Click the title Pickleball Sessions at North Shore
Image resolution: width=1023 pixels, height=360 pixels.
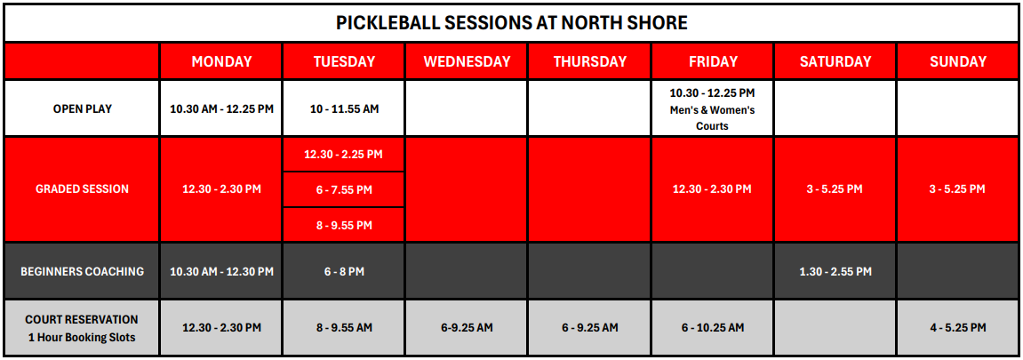512,23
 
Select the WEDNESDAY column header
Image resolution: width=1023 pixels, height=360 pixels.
467,61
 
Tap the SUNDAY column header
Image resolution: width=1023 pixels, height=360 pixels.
958,61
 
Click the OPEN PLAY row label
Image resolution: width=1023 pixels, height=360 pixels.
82,109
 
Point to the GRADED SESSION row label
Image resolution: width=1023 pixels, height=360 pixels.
82,189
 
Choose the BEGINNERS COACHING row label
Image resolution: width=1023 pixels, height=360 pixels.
82,271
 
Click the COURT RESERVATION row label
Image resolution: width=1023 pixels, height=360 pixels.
82,320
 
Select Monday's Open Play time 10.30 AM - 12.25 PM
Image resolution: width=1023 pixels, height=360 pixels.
221,109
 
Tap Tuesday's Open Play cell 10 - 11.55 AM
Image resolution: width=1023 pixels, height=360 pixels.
344,109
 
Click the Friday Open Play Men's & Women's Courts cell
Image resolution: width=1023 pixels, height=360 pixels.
713,109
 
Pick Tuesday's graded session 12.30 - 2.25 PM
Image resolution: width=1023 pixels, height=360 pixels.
344,155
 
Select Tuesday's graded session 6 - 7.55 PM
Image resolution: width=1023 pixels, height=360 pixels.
344,190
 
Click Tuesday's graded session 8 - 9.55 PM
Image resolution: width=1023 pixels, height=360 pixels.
344,225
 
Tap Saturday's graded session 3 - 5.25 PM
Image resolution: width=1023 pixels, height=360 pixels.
835,189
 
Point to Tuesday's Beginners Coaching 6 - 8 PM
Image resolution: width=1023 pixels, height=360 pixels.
344,271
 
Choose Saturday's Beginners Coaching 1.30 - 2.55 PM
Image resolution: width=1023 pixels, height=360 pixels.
835,271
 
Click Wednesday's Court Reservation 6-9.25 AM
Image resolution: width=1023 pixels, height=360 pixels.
467,327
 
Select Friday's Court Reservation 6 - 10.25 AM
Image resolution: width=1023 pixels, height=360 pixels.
713,327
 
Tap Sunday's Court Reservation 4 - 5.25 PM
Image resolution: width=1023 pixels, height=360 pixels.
958,327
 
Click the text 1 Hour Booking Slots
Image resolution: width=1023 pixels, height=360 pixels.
82,337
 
